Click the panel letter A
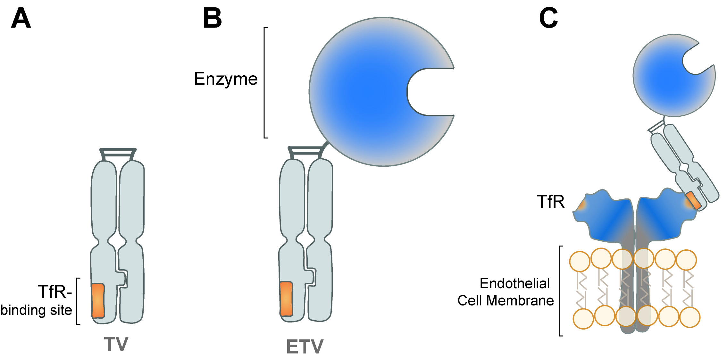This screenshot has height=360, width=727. pos(21,19)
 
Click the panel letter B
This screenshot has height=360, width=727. pos(213,19)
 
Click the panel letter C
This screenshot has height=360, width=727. pos(548,19)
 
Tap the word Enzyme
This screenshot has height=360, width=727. pos(226,79)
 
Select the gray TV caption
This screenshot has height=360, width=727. pos(116,345)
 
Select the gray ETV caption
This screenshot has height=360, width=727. pos(305,347)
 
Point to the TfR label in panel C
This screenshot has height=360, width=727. pos(551,202)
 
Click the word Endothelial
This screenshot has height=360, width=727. pos(514,283)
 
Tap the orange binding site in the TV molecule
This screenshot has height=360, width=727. pos(98,301)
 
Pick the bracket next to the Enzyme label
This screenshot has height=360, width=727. pos(265,83)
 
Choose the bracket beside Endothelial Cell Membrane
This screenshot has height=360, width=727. pos(560,291)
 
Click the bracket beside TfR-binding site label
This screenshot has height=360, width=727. pos(78,301)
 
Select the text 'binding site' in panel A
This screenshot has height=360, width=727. pos(36,310)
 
